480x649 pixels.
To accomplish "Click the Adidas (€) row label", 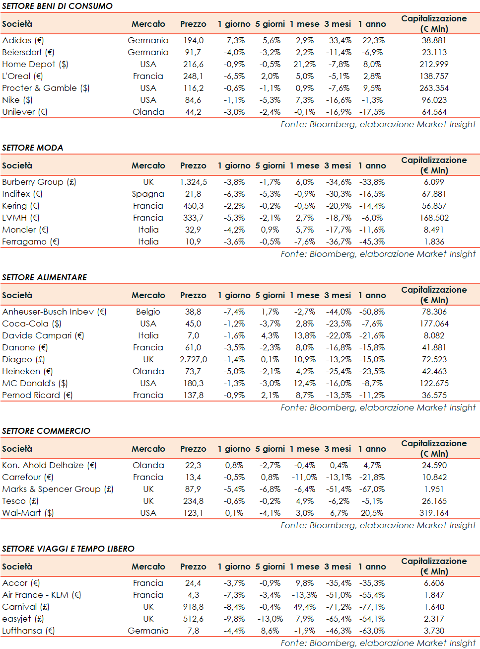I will (23, 40).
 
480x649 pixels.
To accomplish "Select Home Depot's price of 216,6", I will (193, 64).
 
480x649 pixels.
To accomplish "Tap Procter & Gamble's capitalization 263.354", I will (434, 88).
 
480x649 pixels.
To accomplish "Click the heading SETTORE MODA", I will (33, 148).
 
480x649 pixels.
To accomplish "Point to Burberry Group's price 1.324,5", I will (193, 182).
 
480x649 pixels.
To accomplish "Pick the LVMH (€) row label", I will (21, 218).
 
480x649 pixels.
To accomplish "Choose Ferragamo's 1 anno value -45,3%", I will (372, 242).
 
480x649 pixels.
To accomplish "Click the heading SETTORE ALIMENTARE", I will (45, 277).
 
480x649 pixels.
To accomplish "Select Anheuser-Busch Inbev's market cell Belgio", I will (148, 312).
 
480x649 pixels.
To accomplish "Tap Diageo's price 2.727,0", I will (193, 359).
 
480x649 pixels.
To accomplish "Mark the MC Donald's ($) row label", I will (35, 383).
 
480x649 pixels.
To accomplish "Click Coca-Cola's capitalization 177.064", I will (434, 324).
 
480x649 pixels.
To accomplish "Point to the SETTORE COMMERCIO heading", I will (46, 431).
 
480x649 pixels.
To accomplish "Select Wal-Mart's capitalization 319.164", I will (434, 513).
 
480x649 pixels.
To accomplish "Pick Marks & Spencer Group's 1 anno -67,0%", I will (372, 489).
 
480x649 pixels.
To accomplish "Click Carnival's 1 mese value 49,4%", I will (304, 607).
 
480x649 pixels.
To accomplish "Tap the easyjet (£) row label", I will (23, 619).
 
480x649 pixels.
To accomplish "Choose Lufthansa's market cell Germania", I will (148, 631).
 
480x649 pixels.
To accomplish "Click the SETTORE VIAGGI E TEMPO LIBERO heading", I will (69, 549).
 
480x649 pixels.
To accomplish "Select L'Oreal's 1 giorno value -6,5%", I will (234, 76).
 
